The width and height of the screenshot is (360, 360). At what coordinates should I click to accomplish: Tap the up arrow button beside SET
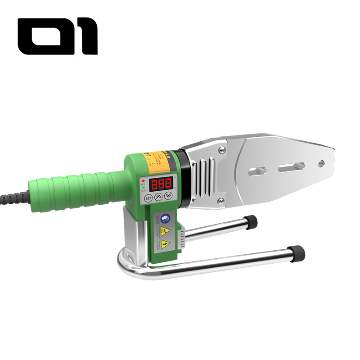tap(158, 197)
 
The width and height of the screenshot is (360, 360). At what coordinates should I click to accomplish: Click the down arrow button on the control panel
tap(168, 196)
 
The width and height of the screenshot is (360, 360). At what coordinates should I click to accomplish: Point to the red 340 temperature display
tap(161, 184)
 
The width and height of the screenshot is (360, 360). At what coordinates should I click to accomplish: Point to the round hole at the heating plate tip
tap(321, 163)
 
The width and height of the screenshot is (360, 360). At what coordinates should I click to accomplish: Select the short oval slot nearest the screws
tap(256, 171)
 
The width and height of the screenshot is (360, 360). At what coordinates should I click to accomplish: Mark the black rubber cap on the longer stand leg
tap(297, 253)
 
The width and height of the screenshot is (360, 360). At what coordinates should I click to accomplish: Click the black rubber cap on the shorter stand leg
tap(251, 222)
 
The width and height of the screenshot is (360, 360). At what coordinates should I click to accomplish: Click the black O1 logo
tap(57, 36)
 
